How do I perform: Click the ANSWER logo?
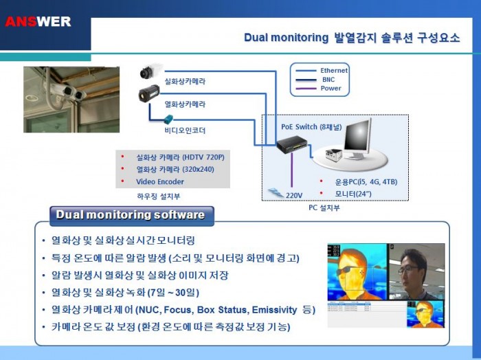[38, 21]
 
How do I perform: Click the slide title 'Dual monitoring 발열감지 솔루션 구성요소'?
[352, 37]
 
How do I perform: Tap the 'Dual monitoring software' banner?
[131, 215]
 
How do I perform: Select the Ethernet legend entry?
[334, 70]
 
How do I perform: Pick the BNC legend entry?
[328, 79]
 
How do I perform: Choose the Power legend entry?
[331, 88]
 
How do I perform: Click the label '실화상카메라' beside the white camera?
[185, 81]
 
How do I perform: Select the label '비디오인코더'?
[184, 130]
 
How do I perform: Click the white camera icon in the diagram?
[149, 71]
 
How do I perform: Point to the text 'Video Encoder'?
[160, 181]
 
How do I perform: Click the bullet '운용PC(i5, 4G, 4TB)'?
[365, 182]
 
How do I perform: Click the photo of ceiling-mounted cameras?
[71, 99]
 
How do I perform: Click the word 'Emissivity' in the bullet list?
[275, 310]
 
